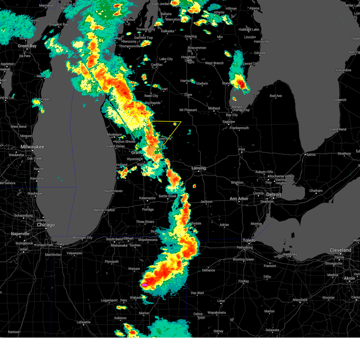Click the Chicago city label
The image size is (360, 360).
[46, 225]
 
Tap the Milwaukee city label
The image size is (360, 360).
[32, 147]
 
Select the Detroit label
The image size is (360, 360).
[274, 194]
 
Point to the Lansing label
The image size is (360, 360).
[199, 168]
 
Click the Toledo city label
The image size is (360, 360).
[249, 240]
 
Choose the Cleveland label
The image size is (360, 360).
[340, 250]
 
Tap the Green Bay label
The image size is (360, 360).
[27, 46]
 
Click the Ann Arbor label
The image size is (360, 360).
[239, 199]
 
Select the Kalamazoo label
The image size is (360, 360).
[147, 198]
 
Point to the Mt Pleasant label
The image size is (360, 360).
[188, 110]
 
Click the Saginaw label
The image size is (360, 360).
[229, 122]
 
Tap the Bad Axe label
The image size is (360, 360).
[276, 96]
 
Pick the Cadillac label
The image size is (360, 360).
[157, 65]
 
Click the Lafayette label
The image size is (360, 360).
[83, 322]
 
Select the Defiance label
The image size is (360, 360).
[208, 270]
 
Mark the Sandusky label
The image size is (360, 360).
[290, 254]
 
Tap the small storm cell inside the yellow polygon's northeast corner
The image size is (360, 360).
[175, 124]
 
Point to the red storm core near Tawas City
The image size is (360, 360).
[241, 84]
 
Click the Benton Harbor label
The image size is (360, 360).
[104, 210]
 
